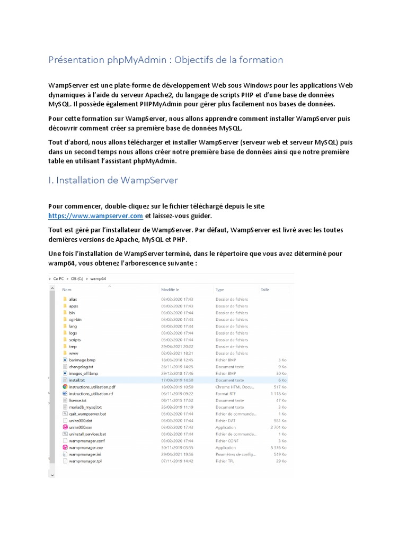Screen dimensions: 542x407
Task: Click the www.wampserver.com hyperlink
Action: (x=95, y=216)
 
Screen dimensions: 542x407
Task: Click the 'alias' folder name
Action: (x=73, y=299)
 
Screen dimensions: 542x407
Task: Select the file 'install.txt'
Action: (x=77, y=380)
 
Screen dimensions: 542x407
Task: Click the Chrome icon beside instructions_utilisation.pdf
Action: (x=65, y=387)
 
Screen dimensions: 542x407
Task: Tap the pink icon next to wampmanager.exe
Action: (x=65, y=447)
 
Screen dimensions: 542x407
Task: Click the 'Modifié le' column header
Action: (x=170, y=290)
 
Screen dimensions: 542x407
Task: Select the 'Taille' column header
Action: (x=266, y=290)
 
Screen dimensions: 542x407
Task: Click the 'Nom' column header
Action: (x=67, y=290)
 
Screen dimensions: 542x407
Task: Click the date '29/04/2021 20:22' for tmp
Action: (x=177, y=347)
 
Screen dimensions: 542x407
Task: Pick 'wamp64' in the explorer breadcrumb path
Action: (x=99, y=278)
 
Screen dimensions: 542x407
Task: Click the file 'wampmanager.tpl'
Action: (x=85, y=461)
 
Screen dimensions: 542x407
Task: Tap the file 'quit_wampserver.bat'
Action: (x=87, y=414)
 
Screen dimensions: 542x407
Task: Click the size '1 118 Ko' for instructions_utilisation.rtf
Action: (x=278, y=394)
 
